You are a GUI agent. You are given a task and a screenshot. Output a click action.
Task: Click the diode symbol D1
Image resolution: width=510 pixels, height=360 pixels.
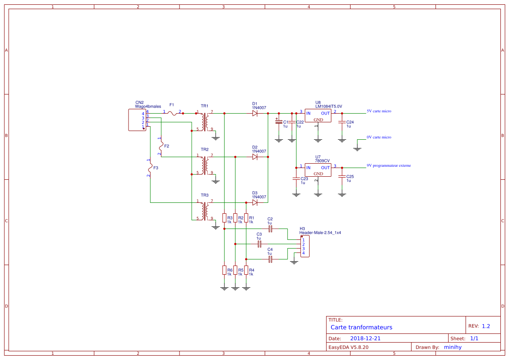click(254, 113)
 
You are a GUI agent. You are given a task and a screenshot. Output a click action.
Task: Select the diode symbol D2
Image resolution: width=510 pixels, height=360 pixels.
click(254, 157)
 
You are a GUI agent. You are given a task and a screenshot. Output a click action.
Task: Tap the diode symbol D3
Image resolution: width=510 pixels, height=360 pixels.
click(254, 202)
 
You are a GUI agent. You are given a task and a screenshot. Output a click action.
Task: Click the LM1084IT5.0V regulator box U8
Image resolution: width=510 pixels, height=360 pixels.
click(318, 116)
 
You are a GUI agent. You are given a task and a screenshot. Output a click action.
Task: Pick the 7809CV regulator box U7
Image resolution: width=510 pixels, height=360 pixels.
click(318, 170)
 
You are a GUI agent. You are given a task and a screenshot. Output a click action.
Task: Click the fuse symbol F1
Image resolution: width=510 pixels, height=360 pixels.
click(173, 113)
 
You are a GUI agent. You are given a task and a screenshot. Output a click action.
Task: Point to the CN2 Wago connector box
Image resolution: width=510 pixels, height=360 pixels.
click(137, 120)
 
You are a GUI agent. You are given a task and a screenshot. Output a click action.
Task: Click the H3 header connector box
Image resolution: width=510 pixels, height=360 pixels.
click(304, 246)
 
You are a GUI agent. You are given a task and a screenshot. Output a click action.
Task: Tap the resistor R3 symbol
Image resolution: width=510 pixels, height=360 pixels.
click(224, 218)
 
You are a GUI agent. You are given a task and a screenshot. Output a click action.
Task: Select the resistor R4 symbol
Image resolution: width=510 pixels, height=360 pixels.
click(246, 270)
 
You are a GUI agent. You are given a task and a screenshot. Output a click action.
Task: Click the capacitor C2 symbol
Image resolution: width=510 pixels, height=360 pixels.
click(270, 229)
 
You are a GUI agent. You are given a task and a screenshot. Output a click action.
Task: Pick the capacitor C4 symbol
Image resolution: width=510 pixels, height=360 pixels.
click(270, 259)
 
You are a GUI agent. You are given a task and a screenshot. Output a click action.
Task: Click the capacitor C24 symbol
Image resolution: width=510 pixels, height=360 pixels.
click(342, 122)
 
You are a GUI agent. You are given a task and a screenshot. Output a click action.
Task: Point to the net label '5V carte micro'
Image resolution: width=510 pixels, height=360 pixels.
click(379, 111)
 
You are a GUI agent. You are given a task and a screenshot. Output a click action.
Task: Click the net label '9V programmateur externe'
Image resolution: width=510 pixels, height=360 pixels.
click(388, 165)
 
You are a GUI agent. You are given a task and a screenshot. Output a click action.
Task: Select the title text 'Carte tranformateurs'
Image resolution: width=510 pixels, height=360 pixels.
click(361, 327)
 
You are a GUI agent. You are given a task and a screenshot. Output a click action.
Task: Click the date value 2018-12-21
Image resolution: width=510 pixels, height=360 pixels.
click(365, 338)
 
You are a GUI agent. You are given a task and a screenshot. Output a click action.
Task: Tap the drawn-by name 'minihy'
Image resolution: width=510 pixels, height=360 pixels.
click(453, 347)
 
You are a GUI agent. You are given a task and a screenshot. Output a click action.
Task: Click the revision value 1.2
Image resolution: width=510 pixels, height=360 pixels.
click(486, 326)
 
